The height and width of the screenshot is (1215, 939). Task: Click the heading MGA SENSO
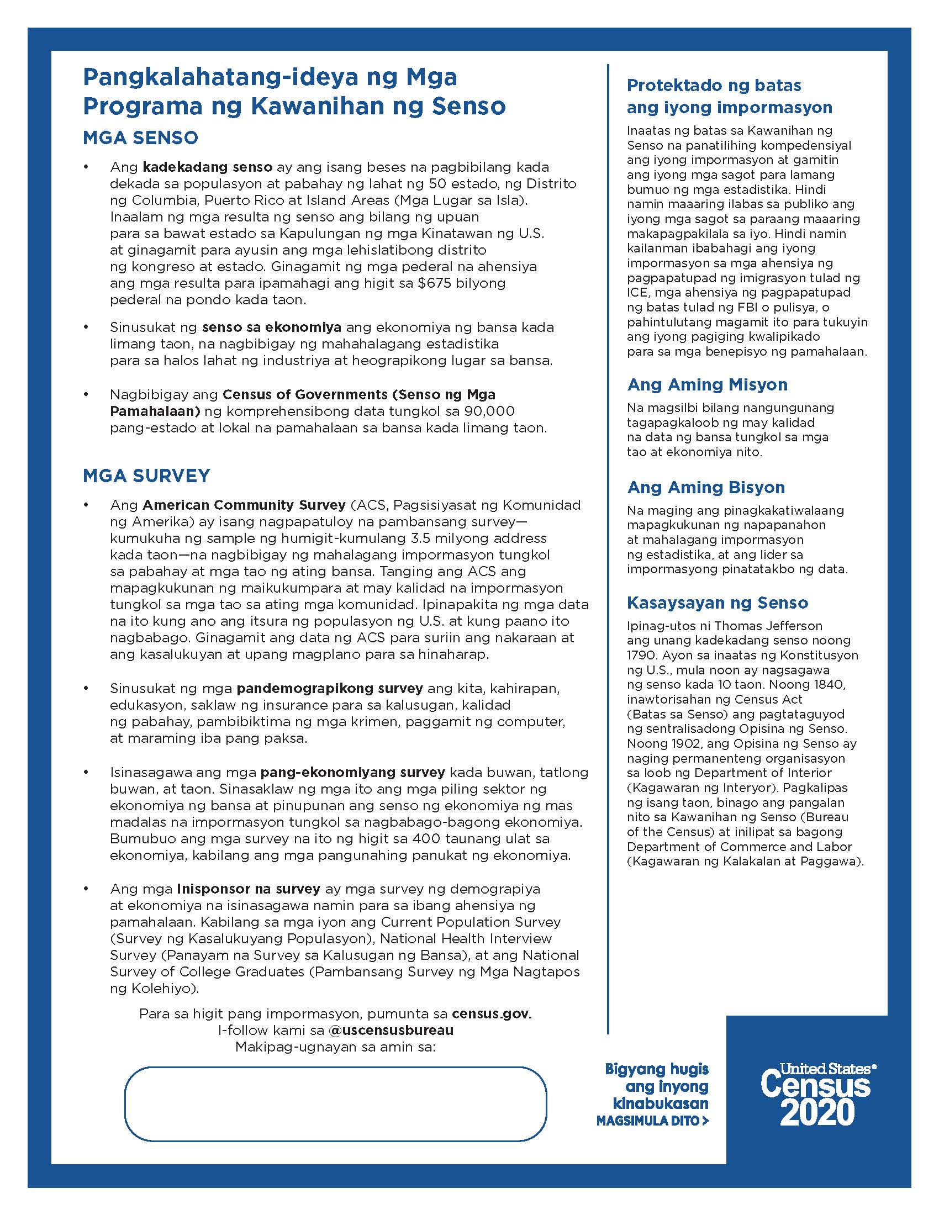point(140,138)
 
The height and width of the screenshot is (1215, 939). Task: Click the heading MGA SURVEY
point(146,476)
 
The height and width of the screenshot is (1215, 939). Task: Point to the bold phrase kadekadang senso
point(208,167)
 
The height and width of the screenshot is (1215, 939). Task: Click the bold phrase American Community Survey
point(244,505)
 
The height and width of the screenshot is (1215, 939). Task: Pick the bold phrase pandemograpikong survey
point(329,688)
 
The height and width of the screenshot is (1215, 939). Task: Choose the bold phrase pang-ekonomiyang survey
point(353,772)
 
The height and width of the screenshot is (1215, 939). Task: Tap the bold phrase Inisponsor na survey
point(248,889)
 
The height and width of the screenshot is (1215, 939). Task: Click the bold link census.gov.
point(491,1013)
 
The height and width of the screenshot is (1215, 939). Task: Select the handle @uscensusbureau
point(391,1030)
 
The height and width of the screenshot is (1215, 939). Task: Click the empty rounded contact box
point(335,1104)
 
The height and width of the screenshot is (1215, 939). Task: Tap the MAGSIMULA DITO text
point(652,1121)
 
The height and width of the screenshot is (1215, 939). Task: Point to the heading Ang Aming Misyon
point(707,384)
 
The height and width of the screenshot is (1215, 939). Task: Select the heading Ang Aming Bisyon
point(706,487)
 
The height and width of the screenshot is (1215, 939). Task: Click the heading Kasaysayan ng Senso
point(717,603)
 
